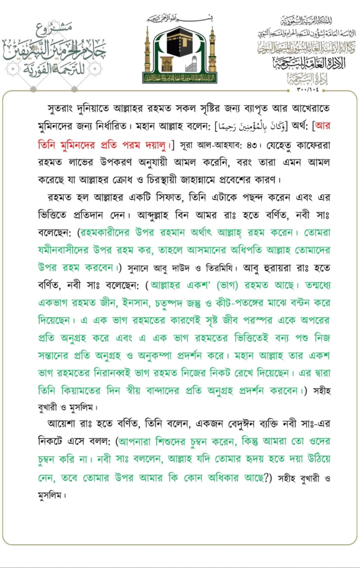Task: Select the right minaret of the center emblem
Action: [212, 53]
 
